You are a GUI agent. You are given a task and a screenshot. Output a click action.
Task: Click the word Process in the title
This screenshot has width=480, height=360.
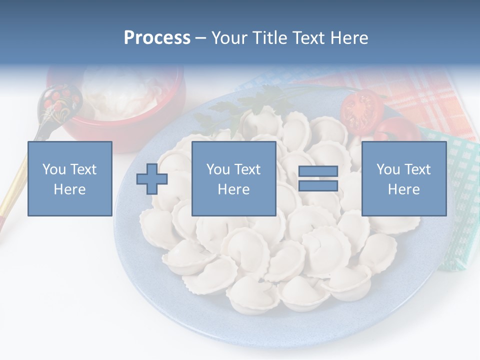point(157,38)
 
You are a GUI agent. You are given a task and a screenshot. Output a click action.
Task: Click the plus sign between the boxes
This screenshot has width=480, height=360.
point(152,179)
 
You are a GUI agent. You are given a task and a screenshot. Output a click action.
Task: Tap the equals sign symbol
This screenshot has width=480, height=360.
point(318,179)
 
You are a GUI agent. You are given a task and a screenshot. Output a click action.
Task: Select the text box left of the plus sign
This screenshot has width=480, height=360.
point(69,179)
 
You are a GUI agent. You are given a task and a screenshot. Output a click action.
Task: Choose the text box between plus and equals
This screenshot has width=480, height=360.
point(233,179)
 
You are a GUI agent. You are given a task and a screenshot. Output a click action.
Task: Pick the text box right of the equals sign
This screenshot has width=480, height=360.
point(403,179)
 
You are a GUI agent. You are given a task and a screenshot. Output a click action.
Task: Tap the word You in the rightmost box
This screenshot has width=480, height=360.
point(388,169)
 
